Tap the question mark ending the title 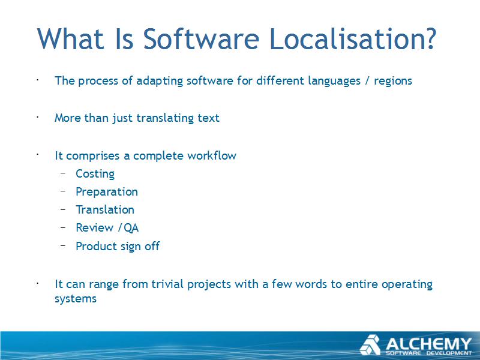[430, 38]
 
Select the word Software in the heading [202, 38]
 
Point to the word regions [393, 82]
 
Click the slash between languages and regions [367, 81]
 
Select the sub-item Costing [95, 174]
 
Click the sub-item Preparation [107, 192]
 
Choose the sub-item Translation [105, 209]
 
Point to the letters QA [131, 228]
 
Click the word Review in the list [95, 228]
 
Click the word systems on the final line [76, 299]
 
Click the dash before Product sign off [63, 245]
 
